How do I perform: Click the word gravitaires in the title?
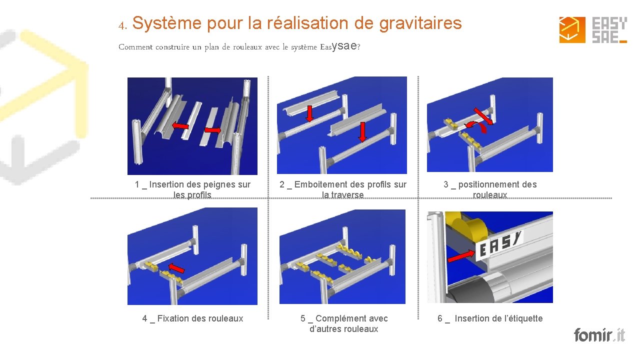point(420,23)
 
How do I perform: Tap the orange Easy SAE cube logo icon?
point(572,30)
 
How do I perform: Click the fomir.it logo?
point(599,334)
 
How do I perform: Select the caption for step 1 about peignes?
point(192,189)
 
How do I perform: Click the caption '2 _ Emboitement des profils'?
point(342,189)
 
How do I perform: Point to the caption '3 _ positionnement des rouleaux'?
point(490,189)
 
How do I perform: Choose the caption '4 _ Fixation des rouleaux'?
point(192,318)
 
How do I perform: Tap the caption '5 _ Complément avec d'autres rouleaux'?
point(344,323)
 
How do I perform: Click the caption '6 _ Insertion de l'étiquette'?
point(490,318)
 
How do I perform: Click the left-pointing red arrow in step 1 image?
point(180,126)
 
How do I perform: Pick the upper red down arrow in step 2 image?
point(310,113)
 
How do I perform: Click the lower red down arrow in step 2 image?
point(362,132)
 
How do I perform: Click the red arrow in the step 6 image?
point(461,256)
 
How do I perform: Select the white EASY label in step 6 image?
point(500,245)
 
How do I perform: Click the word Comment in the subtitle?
point(135,47)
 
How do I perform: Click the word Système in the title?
point(166,23)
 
